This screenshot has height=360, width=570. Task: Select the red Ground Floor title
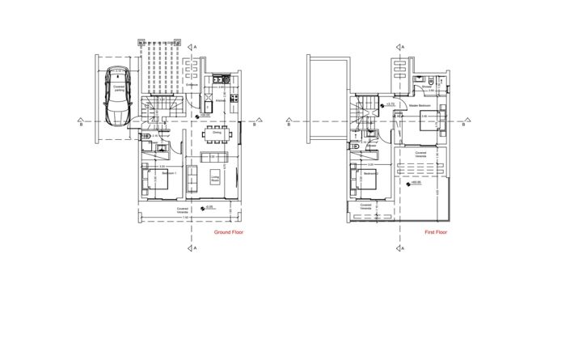click(x=229, y=232)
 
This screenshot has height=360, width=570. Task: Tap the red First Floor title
click(x=436, y=232)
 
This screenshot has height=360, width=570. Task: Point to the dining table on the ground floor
click(x=217, y=133)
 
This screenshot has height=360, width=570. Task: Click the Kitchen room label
click(x=220, y=102)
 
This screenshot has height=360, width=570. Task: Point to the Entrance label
click(x=192, y=84)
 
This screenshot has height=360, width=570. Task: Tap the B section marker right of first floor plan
click(x=467, y=123)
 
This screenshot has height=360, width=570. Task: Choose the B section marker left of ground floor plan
click(x=80, y=123)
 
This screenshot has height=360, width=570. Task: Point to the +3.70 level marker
click(x=391, y=104)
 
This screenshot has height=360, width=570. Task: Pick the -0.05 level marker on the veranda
click(x=209, y=207)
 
